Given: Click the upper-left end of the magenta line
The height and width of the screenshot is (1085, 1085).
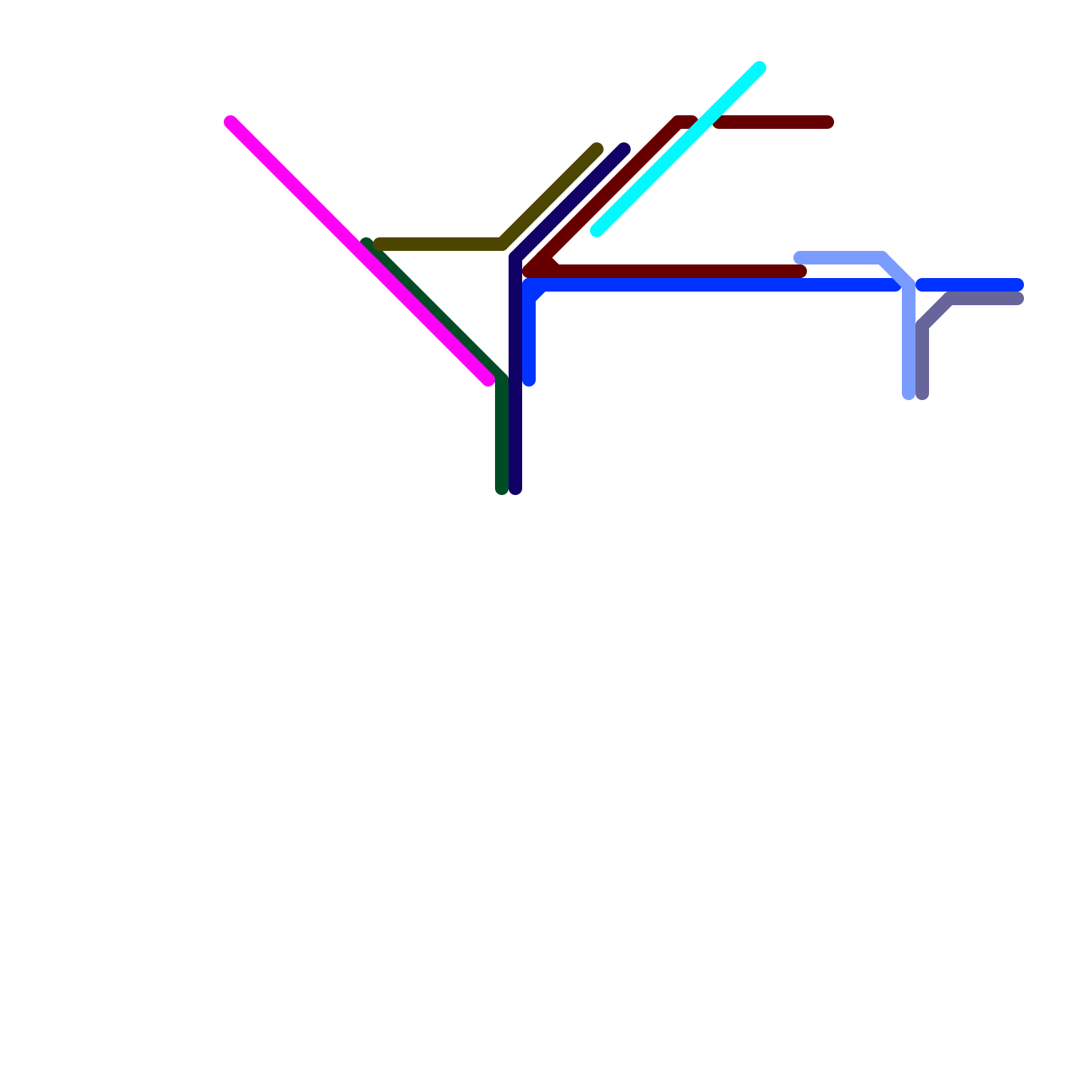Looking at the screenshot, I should (231, 122).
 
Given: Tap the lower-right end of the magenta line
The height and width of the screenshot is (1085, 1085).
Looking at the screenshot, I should (488, 380).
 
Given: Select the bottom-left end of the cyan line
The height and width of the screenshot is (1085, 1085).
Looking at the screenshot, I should (597, 231).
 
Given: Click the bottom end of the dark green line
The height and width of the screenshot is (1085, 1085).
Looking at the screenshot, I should (502, 488).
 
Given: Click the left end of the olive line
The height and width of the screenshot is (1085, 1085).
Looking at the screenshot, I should (380, 244).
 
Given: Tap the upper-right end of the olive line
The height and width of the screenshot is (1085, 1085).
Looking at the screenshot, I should (597, 149).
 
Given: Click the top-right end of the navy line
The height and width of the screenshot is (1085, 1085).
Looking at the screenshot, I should (624, 149).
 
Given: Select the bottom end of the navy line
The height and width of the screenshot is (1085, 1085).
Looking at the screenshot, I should (515, 488).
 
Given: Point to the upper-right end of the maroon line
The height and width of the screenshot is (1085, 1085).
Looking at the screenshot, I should (827, 122).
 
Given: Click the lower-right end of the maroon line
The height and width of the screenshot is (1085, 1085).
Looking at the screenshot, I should (800, 271).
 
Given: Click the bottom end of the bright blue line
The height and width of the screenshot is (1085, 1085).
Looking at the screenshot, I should (529, 380).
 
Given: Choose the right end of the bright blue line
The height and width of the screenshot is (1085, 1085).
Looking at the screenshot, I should (1017, 285).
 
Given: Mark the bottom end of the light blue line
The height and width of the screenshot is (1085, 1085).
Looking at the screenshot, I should (909, 393).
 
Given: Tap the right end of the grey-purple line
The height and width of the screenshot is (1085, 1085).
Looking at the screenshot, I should (1017, 298).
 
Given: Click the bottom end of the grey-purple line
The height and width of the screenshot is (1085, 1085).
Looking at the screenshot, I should (922, 393).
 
